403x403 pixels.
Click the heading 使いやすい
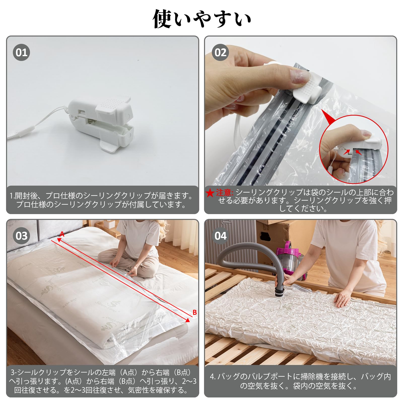tap(202, 19)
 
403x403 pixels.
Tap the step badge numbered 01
tap(21, 52)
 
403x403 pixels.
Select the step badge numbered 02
tap(220, 52)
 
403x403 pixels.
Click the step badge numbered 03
tap(21, 236)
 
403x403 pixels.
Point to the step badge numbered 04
tap(220, 236)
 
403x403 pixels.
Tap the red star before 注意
tap(210, 193)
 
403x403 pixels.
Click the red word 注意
tap(224, 193)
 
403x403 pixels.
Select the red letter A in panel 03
tap(62, 234)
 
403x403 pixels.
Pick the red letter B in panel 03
tap(194, 312)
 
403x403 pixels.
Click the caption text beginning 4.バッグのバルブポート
tap(300, 381)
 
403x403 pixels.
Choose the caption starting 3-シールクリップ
tap(103, 381)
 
